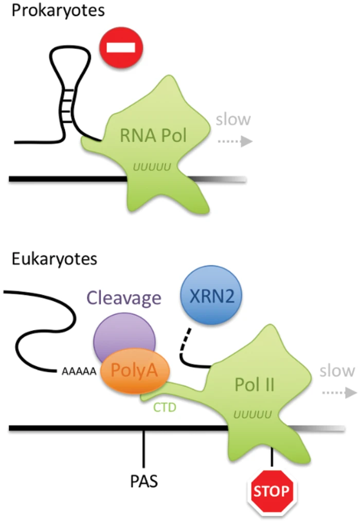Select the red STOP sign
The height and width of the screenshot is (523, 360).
pyautogui.click(x=271, y=491)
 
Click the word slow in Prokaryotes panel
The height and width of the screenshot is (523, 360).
pyautogui.click(x=233, y=120)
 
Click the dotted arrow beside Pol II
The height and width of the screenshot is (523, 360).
pyautogui.click(x=337, y=393)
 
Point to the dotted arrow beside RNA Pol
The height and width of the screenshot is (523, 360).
pyautogui.click(x=235, y=141)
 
